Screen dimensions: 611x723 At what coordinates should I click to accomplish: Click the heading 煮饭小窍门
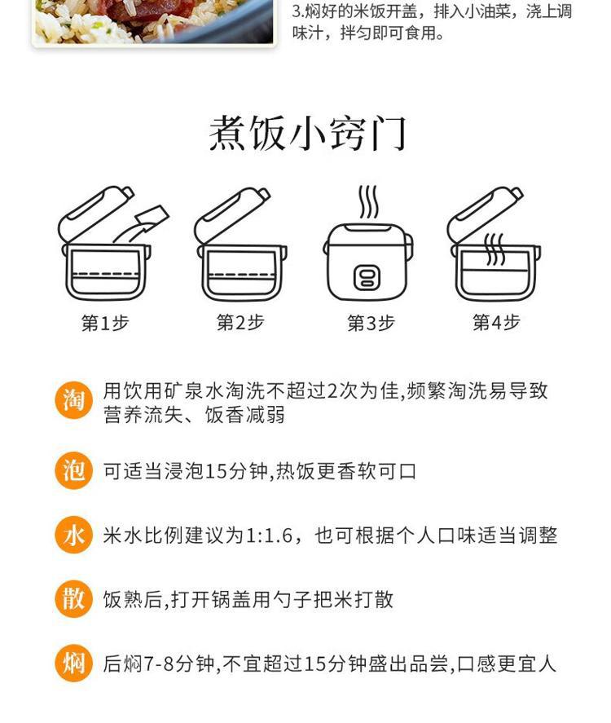pyautogui.click(x=307, y=134)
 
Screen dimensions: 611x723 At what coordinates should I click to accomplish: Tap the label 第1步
pyautogui.click(x=105, y=324)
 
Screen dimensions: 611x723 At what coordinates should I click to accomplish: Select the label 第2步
pyautogui.click(x=240, y=323)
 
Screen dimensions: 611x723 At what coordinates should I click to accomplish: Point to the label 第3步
pyautogui.click(x=371, y=324)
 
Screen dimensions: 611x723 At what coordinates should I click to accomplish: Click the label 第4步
pyautogui.click(x=496, y=323)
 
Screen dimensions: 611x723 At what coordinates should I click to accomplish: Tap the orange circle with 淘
pyautogui.click(x=73, y=399)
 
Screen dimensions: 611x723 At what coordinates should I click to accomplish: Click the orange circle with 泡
pyautogui.click(x=73, y=471)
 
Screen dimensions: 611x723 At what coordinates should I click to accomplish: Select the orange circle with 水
pyautogui.click(x=73, y=535)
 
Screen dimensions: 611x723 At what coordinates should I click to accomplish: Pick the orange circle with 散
pyautogui.click(x=73, y=599)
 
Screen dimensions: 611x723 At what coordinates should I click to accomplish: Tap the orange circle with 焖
pyautogui.click(x=73, y=663)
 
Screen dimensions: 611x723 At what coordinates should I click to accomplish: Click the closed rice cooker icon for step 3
pyautogui.click(x=367, y=262)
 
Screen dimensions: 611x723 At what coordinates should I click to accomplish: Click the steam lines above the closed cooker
pyautogui.click(x=368, y=202)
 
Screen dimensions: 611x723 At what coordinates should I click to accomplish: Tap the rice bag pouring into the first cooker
pyautogui.click(x=150, y=218)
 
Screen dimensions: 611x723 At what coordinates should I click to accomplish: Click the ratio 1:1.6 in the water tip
pyautogui.click(x=269, y=536)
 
